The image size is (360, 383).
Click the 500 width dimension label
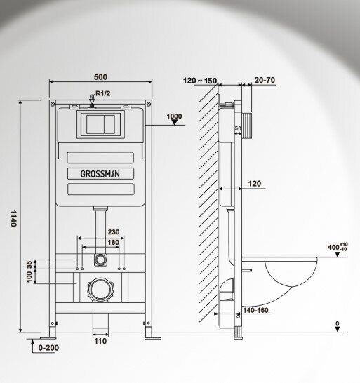tap(100, 77)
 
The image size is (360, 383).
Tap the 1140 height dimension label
tap(13, 218)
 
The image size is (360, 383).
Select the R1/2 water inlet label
tap(103, 93)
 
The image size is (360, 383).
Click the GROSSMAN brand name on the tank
tap(100, 174)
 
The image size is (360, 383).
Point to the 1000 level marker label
tap(174, 116)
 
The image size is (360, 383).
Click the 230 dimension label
tap(114, 231)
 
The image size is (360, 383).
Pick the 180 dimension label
tap(114, 243)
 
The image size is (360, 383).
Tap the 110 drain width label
tap(100, 341)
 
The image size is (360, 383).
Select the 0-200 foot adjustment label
tap(48, 348)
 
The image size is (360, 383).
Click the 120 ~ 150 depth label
tap(200, 81)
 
